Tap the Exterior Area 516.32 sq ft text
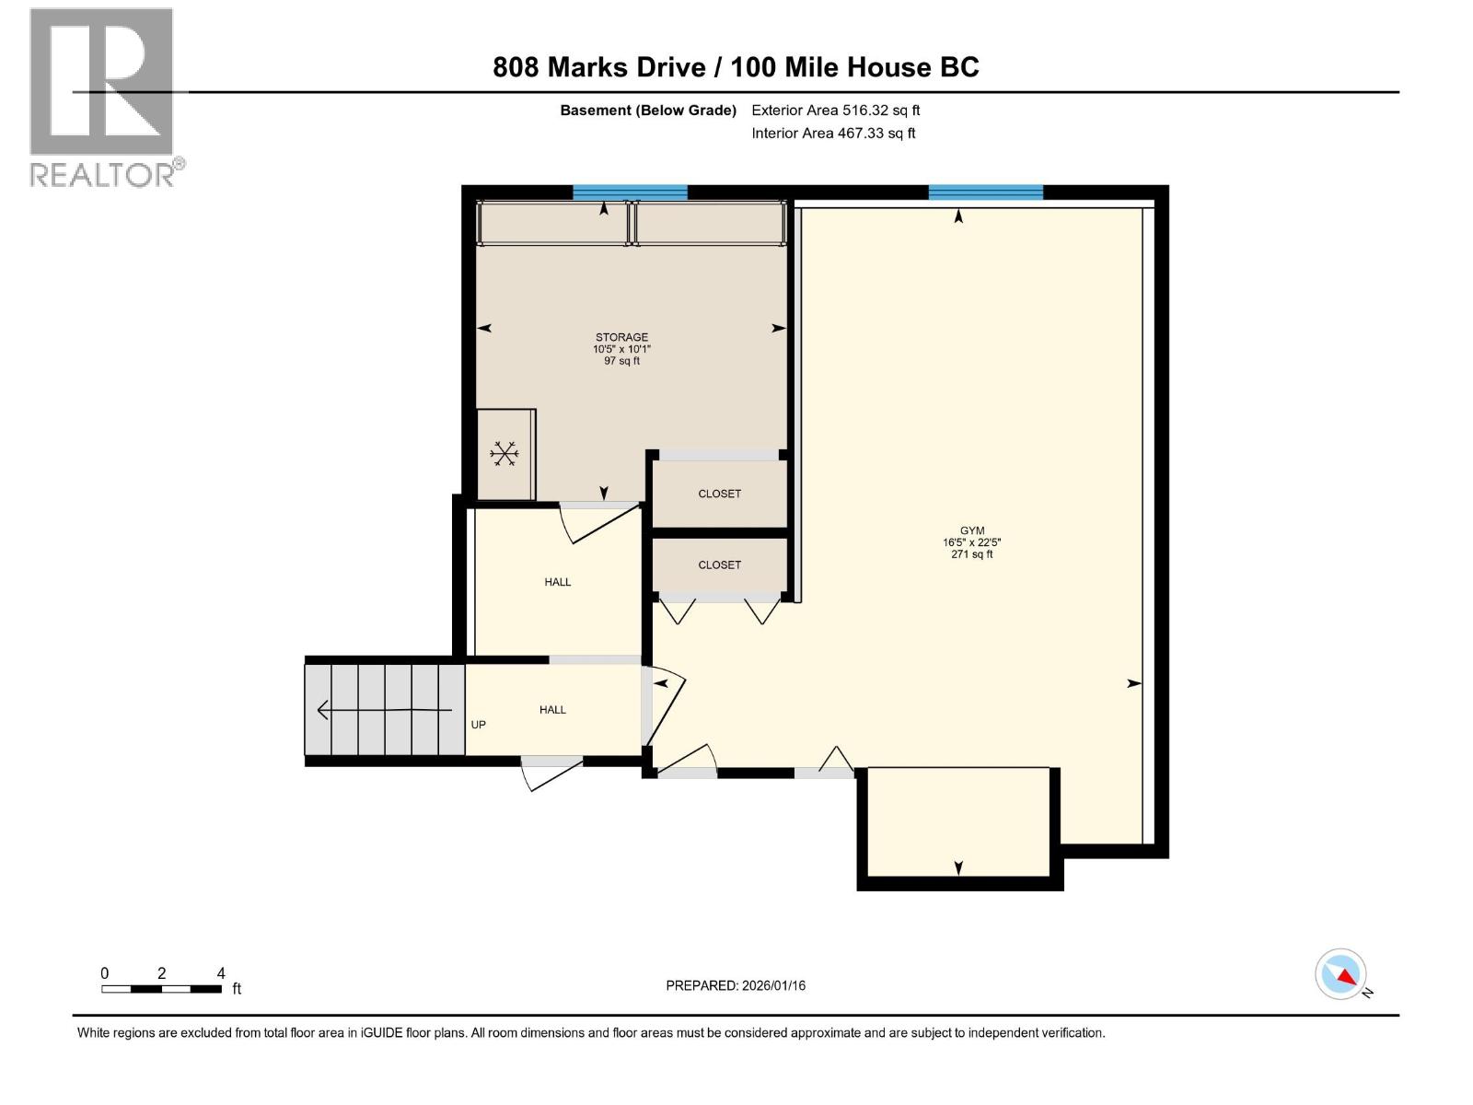point(836,110)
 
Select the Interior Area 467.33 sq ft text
point(833,134)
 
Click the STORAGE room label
point(621,337)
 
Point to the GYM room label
point(972,530)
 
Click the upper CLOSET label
point(719,494)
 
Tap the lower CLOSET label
point(719,564)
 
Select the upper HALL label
point(557,582)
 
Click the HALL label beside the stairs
point(552,709)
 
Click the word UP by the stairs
point(478,725)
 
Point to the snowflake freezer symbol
point(504,453)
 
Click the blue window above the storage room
point(630,192)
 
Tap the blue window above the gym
point(985,192)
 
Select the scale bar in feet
point(162,989)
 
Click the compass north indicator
point(1340,974)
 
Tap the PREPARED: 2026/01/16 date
point(736,985)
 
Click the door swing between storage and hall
point(598,522)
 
